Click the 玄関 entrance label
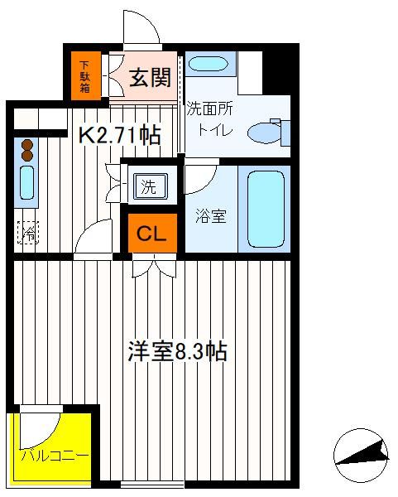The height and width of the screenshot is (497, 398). [150, 77]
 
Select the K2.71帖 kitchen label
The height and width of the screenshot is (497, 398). [119, 136]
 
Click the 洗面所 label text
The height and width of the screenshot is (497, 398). [209, 109]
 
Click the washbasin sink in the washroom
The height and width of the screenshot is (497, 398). [209, 64]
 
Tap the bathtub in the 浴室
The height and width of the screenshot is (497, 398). [266, 210]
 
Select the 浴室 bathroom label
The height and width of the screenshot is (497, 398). [211, 216]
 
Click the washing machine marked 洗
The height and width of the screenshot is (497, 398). [150, 186]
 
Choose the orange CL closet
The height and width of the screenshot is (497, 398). [152, 233]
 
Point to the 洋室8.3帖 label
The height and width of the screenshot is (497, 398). [177, 351]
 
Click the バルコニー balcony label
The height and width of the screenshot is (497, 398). [55, 456]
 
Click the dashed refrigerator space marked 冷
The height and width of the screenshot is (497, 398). [28, 233]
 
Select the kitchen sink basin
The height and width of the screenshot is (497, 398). [27, 183]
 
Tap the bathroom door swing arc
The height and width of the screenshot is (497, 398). [205, 181]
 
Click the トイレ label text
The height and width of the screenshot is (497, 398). [215, 130]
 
